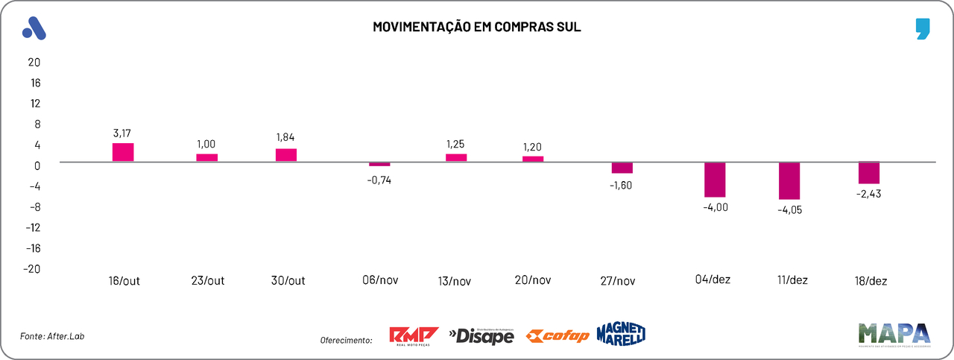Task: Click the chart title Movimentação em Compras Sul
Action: click(x=477, y=28)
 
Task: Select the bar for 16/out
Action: click(x=123, y=152)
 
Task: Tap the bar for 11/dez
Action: click(x=789, y=180)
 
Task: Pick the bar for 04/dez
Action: click(x=715, y=179)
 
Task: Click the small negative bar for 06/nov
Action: click(x=379, y=164)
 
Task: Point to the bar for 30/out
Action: click(x=286, y=155)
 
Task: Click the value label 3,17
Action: click(x=121, y=133)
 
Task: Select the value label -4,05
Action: click(x=790, y=209)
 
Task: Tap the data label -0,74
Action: click(x=379, y=180)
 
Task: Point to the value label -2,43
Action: click(x=868, y=194)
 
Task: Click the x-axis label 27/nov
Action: click(x=617, y=281)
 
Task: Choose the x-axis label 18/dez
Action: click(x=871, y=281)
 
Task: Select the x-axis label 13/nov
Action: click(x=454, y=281)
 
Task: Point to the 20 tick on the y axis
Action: click(x=34, y=62)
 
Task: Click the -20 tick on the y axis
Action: click(x=32, y=268)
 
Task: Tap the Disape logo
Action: click(x=481, y=336)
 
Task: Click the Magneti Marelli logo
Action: click(x=620, y=335)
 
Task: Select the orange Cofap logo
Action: click(x=557, y=336)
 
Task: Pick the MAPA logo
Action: click(x=894, y=334)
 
